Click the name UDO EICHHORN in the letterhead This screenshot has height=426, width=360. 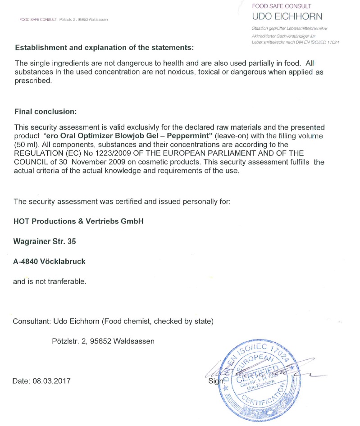tap(287, 17)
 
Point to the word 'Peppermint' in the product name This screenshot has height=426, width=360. tap(189, 136)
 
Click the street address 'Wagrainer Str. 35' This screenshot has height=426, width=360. tap(45, 241)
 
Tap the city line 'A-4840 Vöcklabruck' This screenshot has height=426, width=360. tap(49, 261)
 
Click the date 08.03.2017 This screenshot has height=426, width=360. tap(51, 381)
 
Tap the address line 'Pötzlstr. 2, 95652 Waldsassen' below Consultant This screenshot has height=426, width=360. tap(103, 341)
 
